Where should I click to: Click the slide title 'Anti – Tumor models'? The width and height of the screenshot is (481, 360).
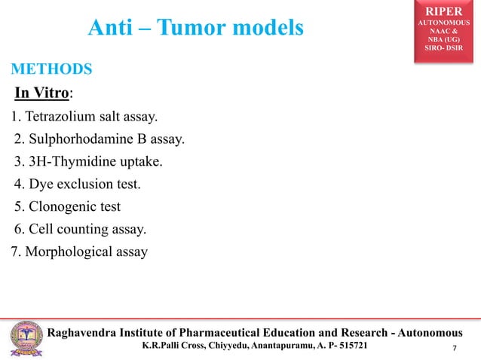(196, 29)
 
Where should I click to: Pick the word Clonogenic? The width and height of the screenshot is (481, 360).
(64, 206)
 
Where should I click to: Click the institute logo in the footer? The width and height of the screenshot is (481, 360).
(24, 337)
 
